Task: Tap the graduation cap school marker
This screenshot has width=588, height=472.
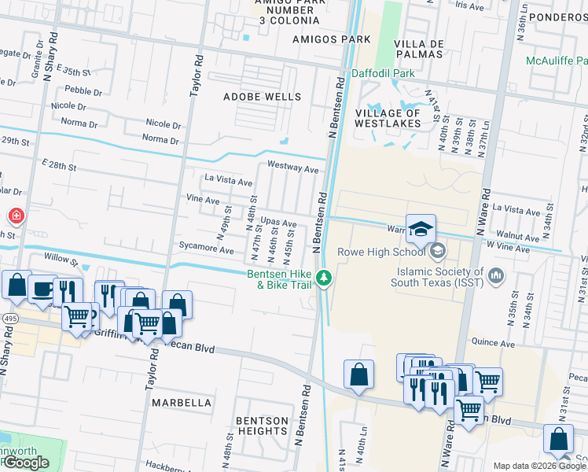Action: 421,229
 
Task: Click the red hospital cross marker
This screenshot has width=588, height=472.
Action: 14,216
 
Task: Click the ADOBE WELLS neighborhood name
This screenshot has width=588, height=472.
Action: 262,97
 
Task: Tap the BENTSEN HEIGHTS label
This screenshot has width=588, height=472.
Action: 263,426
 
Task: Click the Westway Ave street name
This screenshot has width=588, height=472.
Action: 292,168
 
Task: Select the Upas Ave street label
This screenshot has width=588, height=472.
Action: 278,223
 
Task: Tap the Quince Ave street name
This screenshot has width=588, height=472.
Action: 493,343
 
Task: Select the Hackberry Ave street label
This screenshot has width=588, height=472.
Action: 162,466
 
